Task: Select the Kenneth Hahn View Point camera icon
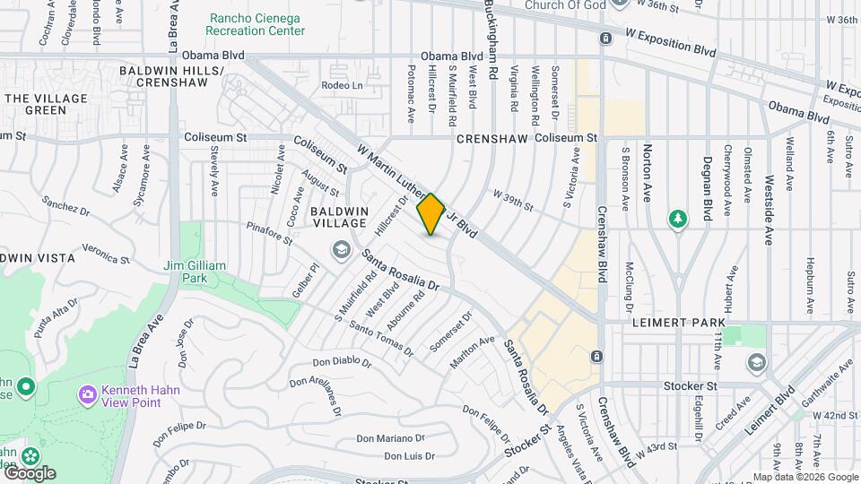87,393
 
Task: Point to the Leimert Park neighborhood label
670,321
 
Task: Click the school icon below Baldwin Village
341,248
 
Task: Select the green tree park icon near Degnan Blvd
679,219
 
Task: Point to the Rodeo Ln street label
342,86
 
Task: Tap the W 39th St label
512,201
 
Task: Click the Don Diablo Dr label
342,362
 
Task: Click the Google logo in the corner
29,473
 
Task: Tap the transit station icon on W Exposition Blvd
606,39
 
